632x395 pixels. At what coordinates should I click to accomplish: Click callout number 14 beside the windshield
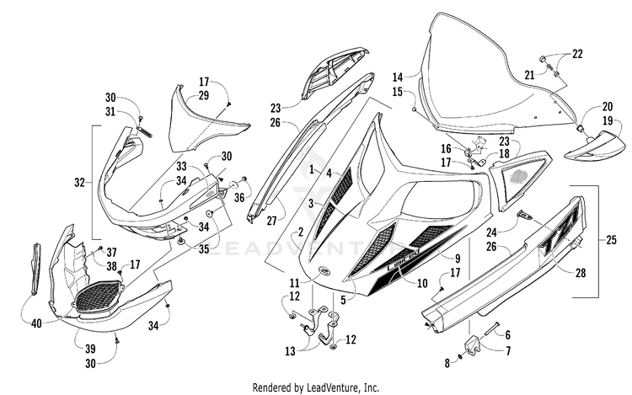click(398, 77)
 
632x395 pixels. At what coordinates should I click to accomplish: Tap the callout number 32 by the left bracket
click(79, 183)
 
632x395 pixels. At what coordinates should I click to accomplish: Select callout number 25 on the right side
click(611, 240)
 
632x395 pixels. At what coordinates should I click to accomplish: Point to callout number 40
click(37, 323)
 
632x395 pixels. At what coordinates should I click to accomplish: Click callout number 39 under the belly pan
click(90, 349)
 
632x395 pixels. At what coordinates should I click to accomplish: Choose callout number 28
click(581, 273)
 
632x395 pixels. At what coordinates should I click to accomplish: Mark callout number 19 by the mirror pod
click(608, 120)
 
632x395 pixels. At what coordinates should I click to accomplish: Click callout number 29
click(204, 95)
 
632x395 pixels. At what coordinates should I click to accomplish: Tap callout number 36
click(239, 198)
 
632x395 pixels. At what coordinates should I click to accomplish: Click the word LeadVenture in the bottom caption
click(333, 387)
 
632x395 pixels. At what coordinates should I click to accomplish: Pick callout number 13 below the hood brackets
click(290, 351)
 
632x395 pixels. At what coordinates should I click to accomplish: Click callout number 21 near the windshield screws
click(530, 74)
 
